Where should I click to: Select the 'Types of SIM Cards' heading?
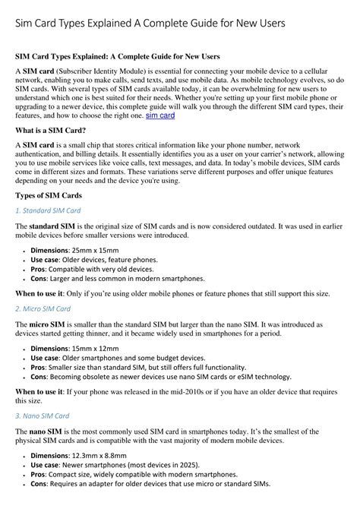(x=49, y=195)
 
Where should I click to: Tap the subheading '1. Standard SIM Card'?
(x=48, y=210)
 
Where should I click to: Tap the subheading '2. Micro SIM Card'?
(x=43, y=308)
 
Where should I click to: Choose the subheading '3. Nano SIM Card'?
(x=43, y=416)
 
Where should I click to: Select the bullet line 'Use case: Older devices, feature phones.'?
(x=94, y=260)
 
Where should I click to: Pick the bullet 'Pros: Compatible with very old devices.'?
(x=93, y=269)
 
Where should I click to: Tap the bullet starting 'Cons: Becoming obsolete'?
(x=160, y=377)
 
